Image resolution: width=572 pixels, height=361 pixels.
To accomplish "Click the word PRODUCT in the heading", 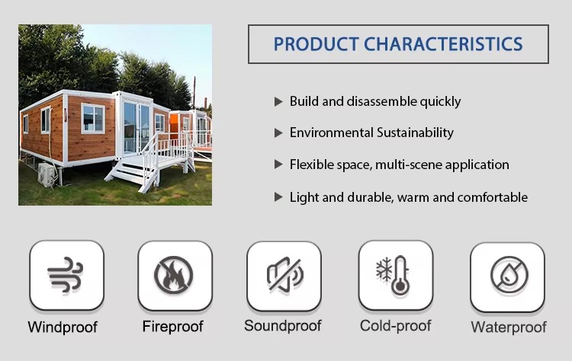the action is (x=316, y=44).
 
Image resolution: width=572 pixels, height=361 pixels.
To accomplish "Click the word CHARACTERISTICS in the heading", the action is (x=443, y=44).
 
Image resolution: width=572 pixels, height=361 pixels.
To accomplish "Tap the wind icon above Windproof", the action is (x=66, y=274).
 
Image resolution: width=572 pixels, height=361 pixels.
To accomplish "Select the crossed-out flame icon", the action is (x=174, y=275).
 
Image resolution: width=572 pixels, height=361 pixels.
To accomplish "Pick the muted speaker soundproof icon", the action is (x=285, y=275).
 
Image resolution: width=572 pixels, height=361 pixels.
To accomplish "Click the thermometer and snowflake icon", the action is (x=393, y=275).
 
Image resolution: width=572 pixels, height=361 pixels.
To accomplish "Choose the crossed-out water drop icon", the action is (x=509, y=275).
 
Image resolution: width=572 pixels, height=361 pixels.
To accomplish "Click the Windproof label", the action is (x=63, y=327).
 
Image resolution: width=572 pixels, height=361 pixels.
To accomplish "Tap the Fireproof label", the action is (x=172, y=327).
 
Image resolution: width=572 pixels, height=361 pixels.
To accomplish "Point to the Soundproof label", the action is (x=283, y=326).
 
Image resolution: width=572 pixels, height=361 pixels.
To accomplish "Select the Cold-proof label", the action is (x=395, y=326).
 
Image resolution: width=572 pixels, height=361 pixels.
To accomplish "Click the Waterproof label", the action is (x=509, y=327).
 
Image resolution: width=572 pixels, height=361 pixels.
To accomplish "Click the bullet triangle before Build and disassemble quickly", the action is (x=278, y=101).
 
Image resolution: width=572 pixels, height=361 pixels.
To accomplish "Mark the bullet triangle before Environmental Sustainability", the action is (x=278, y=133).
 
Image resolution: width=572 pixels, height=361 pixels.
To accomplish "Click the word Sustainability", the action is (x=415, y=133).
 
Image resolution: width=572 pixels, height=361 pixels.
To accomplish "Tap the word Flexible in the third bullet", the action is (x=311, y=165).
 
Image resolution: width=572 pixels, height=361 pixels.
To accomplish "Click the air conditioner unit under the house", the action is (x=47, y=175).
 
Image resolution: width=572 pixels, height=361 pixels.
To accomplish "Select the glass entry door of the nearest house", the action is (x=136, y=127).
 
